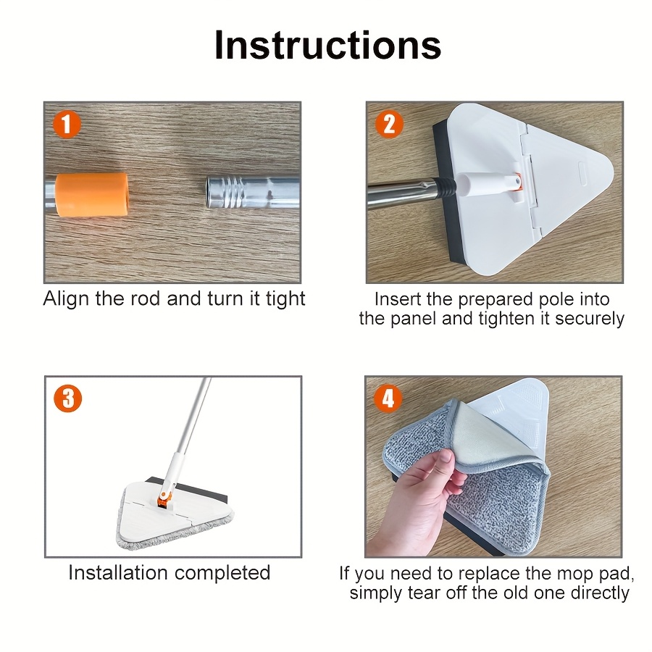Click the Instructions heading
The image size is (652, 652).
coord(327,46)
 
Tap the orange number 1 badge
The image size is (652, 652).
coord(67,125)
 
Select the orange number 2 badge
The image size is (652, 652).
coord(389,124)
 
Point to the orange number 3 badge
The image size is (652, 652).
coord(68,398)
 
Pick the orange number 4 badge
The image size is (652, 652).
coord(388,398)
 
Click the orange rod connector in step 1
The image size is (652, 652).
coord(91,195)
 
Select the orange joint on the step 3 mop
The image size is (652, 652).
coord(164,499)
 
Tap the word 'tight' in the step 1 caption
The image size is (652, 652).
coord(285,299)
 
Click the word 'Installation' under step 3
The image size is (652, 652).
coord(118,572)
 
